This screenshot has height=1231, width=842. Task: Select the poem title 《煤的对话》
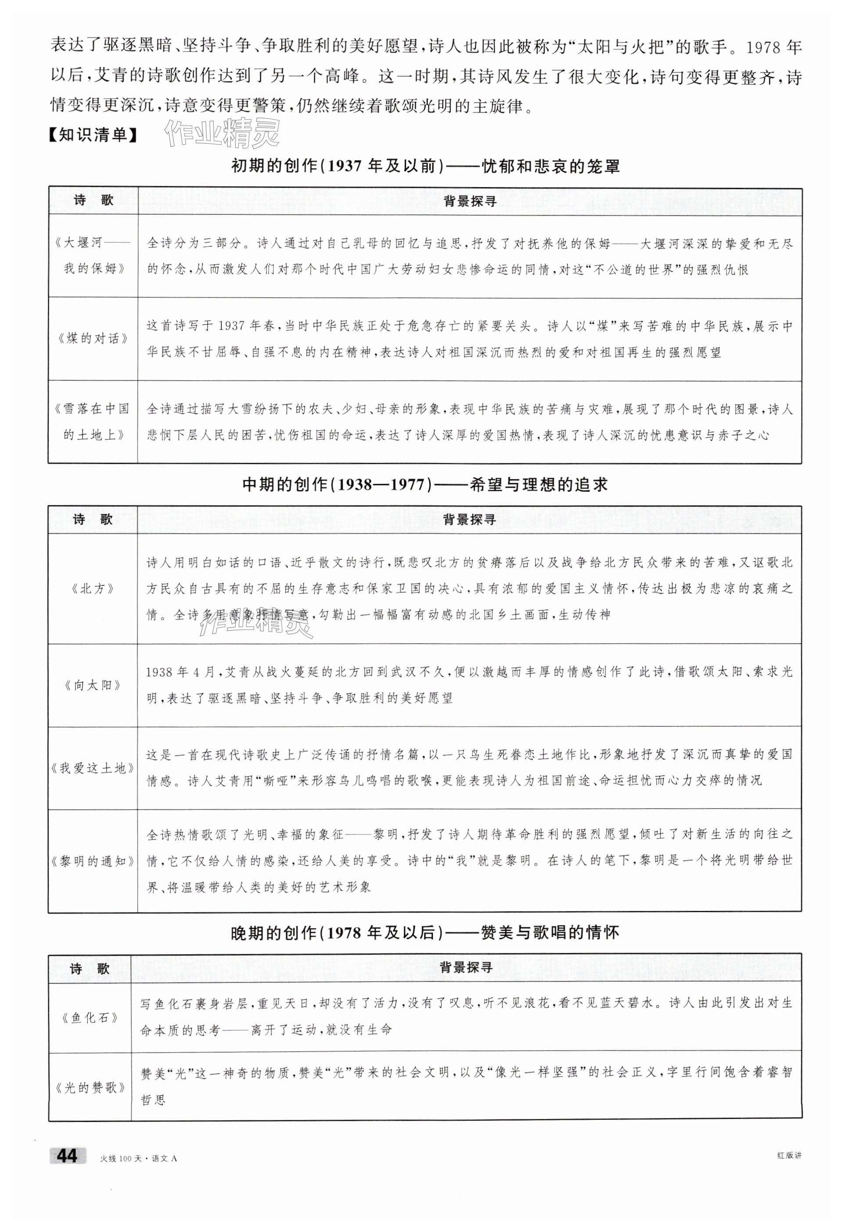click(x=93, y=339)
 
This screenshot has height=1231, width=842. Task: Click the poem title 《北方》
click(x=93, y=588)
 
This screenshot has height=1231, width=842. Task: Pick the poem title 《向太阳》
click(x=93, y=685)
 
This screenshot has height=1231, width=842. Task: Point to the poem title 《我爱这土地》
click(x=93, y=768)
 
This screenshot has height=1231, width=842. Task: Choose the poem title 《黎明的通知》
click(x=93, y=861)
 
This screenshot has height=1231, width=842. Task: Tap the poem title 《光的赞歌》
click(x=90, y=1087)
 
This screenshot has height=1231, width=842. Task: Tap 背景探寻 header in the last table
click(x=466, y=967)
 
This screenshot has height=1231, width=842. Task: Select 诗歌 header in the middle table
click(x=93, y=519)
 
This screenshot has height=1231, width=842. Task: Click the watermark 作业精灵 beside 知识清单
click(x=223, y=133)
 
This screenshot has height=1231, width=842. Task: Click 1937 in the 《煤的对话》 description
click(x=231, y=326)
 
